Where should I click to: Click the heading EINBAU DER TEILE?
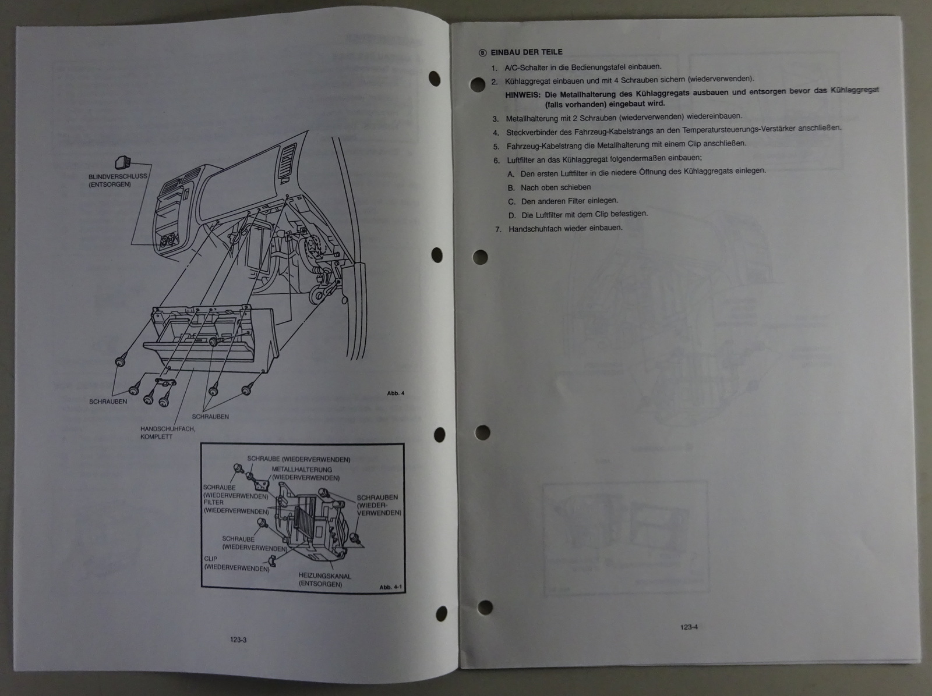527,52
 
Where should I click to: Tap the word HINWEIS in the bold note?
523,95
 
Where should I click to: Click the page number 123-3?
238,640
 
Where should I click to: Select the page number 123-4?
689,627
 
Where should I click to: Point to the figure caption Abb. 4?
396,393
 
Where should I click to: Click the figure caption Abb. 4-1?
390,587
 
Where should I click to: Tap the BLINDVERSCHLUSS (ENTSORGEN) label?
118,180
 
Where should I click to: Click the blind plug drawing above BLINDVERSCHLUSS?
123,162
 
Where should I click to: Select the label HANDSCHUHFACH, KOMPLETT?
168,432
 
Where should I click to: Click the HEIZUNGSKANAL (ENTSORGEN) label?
325,580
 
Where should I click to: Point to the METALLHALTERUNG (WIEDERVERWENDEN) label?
305,474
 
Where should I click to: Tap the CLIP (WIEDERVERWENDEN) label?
236,564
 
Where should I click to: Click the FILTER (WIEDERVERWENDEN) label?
236,507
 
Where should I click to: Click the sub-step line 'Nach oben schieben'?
555,187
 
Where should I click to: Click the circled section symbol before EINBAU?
482,53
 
